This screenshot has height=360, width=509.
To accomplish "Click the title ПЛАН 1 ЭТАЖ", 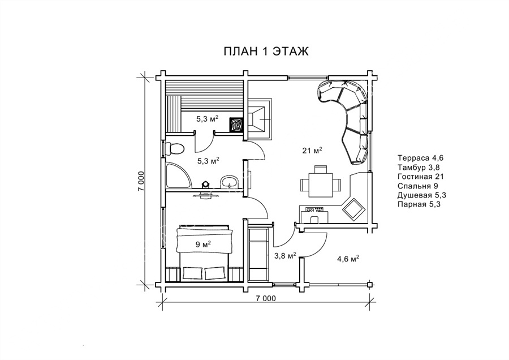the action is [266, 51].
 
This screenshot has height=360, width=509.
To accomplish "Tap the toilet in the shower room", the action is [174, 148].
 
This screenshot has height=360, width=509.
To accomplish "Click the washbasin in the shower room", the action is [230, 181].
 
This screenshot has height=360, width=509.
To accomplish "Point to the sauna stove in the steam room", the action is [236, 124].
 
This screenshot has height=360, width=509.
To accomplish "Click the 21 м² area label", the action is [312, 151].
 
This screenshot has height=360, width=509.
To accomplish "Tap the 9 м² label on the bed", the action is [203, 245].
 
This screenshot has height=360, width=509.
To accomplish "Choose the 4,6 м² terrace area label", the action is [348, 259].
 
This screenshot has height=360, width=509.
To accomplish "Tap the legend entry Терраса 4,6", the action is [420, 158].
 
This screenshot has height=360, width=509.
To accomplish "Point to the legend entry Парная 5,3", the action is [419, 204].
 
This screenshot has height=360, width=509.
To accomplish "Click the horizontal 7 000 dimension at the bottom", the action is [266, 298].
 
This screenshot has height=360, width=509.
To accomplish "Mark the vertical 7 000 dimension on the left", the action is [141, 181].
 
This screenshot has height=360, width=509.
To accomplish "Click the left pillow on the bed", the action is [194, 272].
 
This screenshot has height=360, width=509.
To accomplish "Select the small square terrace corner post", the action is [370, 285].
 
